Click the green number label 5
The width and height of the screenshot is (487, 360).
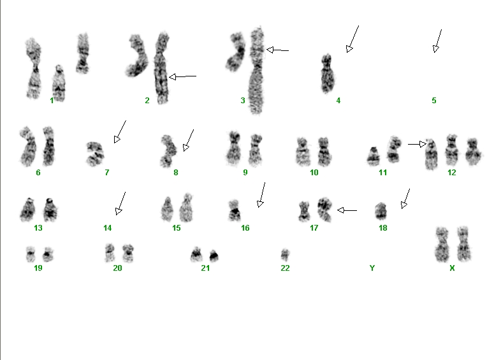pos(434,101)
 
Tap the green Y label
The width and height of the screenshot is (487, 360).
pos(372,268)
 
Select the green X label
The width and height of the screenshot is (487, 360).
pos(452,268)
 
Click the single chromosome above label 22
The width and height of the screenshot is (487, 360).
pos(285,255)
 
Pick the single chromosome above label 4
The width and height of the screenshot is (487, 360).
pos(327,73)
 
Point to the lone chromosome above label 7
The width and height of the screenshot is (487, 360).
pos(95,154)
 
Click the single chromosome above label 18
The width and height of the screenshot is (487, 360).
pos(381,211)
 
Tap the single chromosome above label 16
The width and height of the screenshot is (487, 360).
pos(234,210)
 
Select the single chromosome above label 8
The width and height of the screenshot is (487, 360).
pos(168,151)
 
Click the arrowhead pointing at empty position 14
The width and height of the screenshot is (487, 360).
pos(119,211)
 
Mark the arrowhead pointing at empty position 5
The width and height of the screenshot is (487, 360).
pos(436,48)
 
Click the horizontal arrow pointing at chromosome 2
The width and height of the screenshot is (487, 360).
pos(182,76)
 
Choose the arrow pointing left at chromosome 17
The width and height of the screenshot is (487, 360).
pos(347,210)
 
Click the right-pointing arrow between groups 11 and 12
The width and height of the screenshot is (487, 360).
pos(417,144)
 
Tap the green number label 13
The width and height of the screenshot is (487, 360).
pos(38,228)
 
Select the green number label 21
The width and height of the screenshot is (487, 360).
pos(205,268)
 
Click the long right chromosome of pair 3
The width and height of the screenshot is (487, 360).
pos(256,71)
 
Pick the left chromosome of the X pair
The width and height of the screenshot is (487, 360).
pos(442,244)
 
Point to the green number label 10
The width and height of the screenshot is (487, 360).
pos(314,173)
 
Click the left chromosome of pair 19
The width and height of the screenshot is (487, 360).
pos(31,254)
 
